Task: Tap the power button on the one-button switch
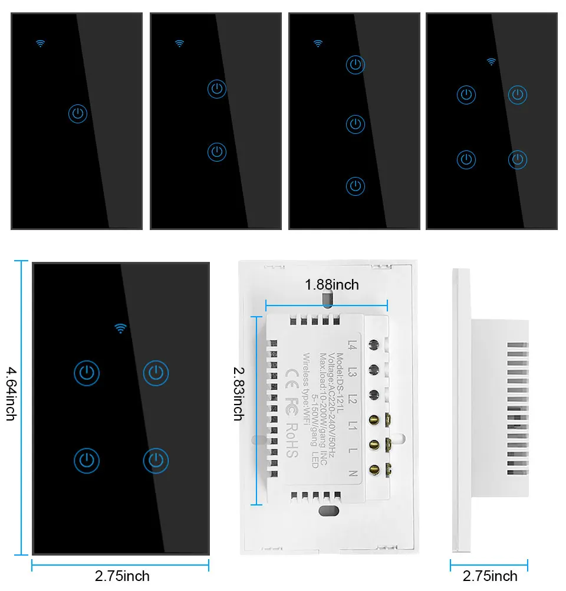click(x=78, y=114)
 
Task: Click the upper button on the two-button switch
click(x=217, y=89)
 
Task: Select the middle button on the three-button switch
click(x=356, y=124)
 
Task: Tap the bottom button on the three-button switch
click(x=356, y=186)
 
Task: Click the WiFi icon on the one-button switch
click(x=40, y=43)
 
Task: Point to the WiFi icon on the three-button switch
click(x=318, y=43)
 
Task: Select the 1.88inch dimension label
click(x=331, y=285)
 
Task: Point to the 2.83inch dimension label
click(x=238, y=393)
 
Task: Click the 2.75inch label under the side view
click(x=490, y=576)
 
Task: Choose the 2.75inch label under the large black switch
click(x=122, y=576)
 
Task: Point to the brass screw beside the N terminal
click(x=374, y=469)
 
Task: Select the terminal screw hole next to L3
click(x=373, y=369)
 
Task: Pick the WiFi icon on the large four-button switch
click(x=121, y=329)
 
